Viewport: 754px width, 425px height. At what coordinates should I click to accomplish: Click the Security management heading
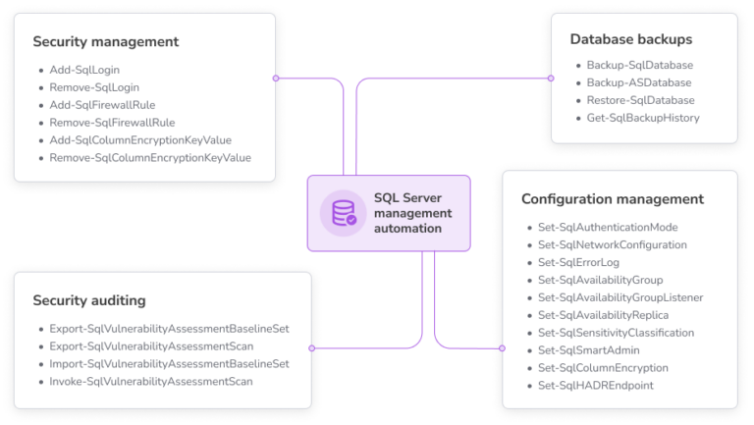(x=105, y=42)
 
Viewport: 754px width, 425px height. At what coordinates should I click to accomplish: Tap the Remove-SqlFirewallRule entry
(x=112, y=123)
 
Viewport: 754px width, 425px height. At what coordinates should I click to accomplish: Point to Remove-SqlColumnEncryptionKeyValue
(x=150, y=157)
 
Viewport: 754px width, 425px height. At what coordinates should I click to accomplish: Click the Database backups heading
(x=631, y=39)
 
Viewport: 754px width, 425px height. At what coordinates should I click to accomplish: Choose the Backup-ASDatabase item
(x=638, y=82)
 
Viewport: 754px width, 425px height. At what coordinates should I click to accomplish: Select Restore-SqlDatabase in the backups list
(x=640, y=100)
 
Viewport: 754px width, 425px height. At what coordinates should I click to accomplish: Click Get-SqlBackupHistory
(x=643, y=118)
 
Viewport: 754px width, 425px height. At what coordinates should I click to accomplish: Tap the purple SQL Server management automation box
(x=389, y=213)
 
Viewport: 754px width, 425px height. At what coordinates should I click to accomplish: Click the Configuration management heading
(x=612, y=198)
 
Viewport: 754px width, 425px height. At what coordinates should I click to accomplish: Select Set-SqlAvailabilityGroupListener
(x=620, y=297)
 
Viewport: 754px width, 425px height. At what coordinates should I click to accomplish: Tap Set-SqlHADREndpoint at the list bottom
(x=595, y=386)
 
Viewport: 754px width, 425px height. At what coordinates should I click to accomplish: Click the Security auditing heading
(x=89, y=299)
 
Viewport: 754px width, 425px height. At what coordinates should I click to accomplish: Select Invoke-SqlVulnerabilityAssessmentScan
(x=151, y=381)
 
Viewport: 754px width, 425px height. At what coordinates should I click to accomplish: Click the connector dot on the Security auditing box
(x=312, y=347)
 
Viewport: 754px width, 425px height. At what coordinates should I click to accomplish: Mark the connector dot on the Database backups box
(x=550, y=78)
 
